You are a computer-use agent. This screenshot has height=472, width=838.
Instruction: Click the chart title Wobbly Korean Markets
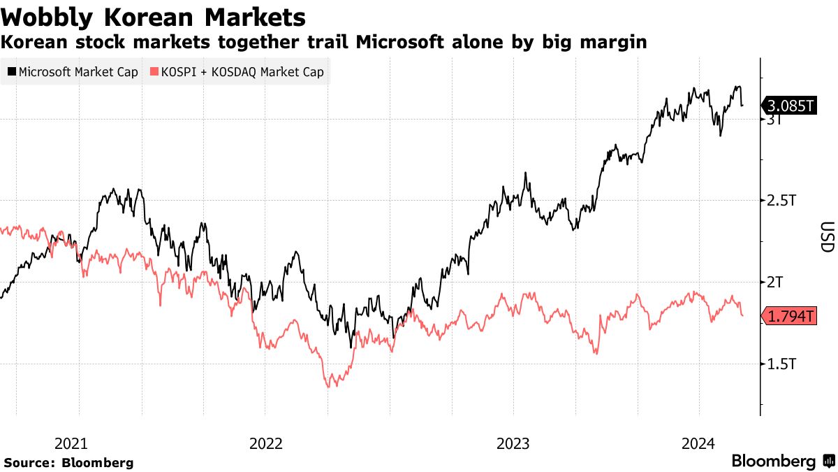point(154,16)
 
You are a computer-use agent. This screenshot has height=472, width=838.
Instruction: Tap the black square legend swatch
point(13,72)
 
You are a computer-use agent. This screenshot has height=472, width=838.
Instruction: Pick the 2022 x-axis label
point(265,443)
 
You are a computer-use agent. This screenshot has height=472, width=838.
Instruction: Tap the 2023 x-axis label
point(513,443)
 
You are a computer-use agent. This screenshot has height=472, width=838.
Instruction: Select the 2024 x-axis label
point(699,443)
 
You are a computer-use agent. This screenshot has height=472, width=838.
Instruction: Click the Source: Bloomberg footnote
point(68,462)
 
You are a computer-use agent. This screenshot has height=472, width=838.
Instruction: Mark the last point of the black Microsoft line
point(742,106)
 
